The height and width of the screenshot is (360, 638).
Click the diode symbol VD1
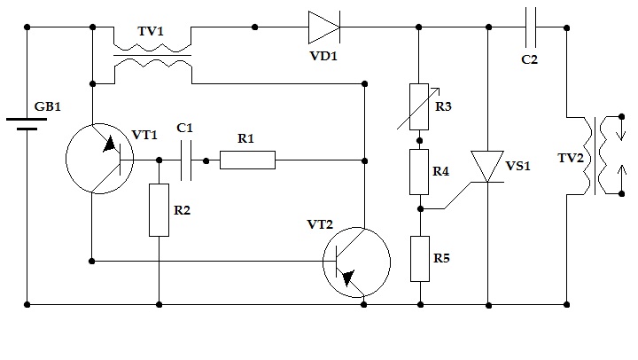(x=324, y=27)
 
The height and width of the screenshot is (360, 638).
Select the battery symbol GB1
(x=27, y=124)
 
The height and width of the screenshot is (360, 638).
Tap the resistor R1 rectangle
(x=247, y=160)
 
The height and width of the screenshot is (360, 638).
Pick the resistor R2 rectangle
(x=159, y=210)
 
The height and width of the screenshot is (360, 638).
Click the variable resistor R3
(x=419, y=107)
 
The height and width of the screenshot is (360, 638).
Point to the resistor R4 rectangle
(x=419, y=172)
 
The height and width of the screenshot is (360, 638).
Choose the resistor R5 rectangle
(x=420, y=259)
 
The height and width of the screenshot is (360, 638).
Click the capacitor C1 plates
(x=186, y=160)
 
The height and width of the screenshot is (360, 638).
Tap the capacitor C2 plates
(x=531, y=27)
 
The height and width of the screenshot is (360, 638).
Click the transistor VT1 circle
(x=99, y=159)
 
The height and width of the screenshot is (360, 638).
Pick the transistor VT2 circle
(x=357, y=262)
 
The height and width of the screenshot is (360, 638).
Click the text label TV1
(x=151, y=31)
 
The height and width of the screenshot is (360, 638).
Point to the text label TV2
(x=571, y=158)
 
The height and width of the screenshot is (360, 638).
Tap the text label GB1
(x=48, y=106)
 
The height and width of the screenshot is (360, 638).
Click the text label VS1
(x=518, y=166)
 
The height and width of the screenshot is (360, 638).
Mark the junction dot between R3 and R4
(x=419, y=140)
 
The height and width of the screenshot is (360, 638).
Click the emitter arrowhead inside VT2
(x=349, y=278)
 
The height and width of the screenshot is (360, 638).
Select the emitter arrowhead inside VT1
(x=109, y=145)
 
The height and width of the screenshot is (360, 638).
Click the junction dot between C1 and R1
(x=206, y=160)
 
